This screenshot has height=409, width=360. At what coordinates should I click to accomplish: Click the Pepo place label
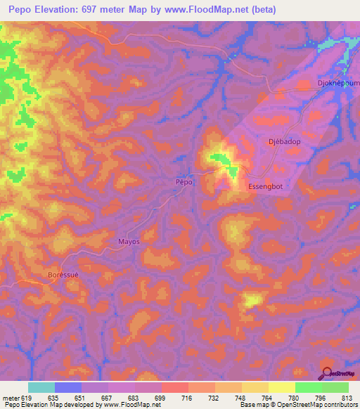coord(184,181)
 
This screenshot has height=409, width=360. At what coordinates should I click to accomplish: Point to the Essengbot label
coord(265,186)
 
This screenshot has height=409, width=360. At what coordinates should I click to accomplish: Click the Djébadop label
coord(284,141)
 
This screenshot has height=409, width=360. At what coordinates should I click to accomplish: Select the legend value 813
coord(348,398)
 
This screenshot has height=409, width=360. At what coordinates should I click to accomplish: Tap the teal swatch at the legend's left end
coord(41,387)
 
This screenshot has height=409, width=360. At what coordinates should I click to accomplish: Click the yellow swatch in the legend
coord(281,387)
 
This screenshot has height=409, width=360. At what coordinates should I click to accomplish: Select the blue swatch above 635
coord(67,387)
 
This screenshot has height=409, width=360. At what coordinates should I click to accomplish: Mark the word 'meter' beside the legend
coord(11,398)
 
